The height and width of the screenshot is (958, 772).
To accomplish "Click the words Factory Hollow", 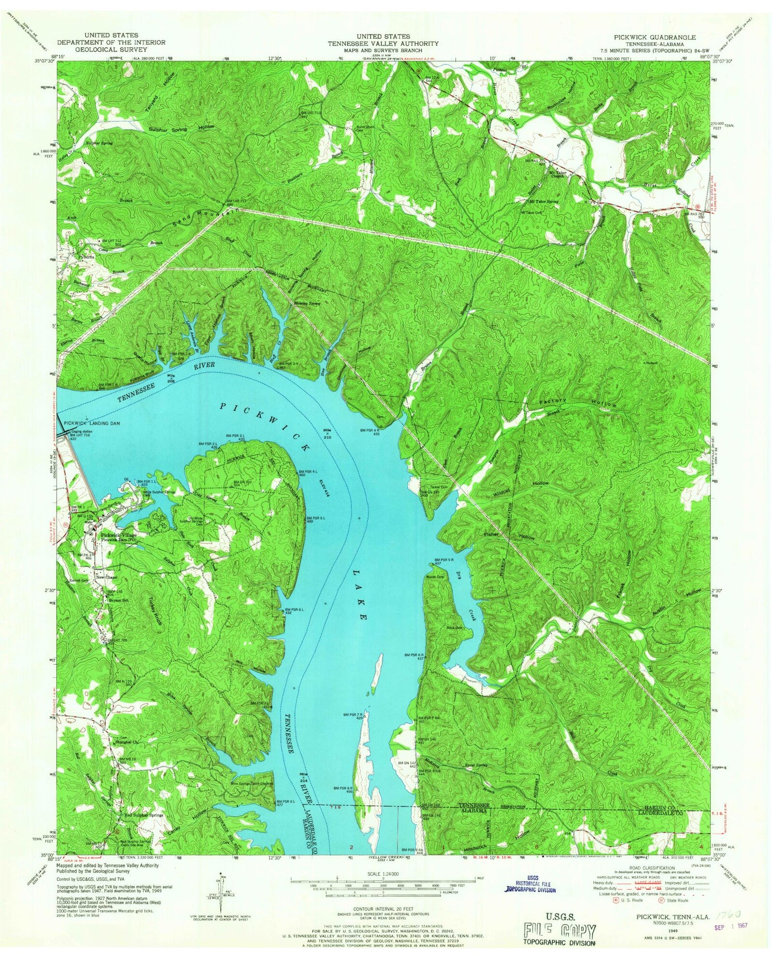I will tap(576, 402).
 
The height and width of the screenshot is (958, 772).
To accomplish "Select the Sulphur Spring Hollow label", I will tap(182, 129).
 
